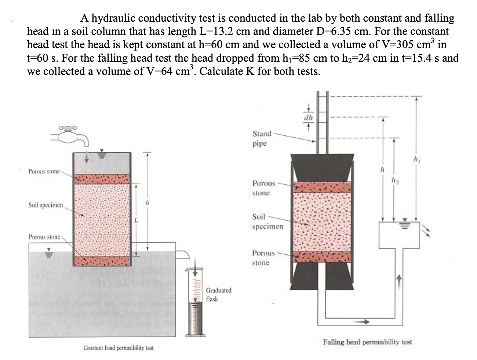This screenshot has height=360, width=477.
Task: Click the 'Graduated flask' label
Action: (x=219, y=295)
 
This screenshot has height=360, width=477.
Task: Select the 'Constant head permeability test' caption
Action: (x=118, y=348)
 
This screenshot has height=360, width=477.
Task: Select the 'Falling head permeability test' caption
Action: (x=367, y=342)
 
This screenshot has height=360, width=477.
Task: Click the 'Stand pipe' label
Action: (x=262, y=138)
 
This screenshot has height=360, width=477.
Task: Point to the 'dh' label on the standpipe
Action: (x=309, y=118)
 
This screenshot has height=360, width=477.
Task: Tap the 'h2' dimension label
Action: (x=394, y=179)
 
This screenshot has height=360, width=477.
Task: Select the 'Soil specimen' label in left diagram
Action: (x=45, y=205)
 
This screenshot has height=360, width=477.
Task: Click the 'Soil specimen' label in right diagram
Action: (x=267, y=222)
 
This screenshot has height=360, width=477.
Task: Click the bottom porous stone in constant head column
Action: (x=102, y=261)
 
